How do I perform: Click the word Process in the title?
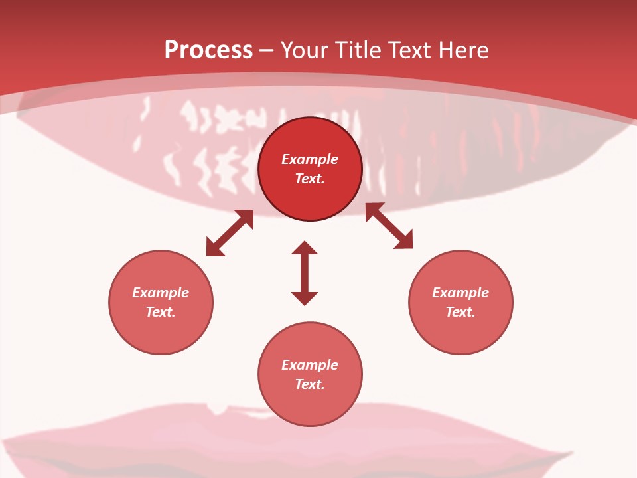tap(208, 50)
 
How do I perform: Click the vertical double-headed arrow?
tap(305, 273)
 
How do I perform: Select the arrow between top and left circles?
tap(230, 233)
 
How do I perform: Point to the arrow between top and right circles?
tap(389, 226)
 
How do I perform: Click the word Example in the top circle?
tap(310, 159)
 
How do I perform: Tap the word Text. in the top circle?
tap(310, 179)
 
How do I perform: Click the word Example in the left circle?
tap(161, 293)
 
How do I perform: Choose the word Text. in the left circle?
tap(161, 312)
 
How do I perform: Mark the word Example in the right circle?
tap(460, 293)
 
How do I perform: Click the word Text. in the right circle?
tap(460, 312)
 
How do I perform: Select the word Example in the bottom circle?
tap(310, 365)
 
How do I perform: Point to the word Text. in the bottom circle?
tap(310, 384)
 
